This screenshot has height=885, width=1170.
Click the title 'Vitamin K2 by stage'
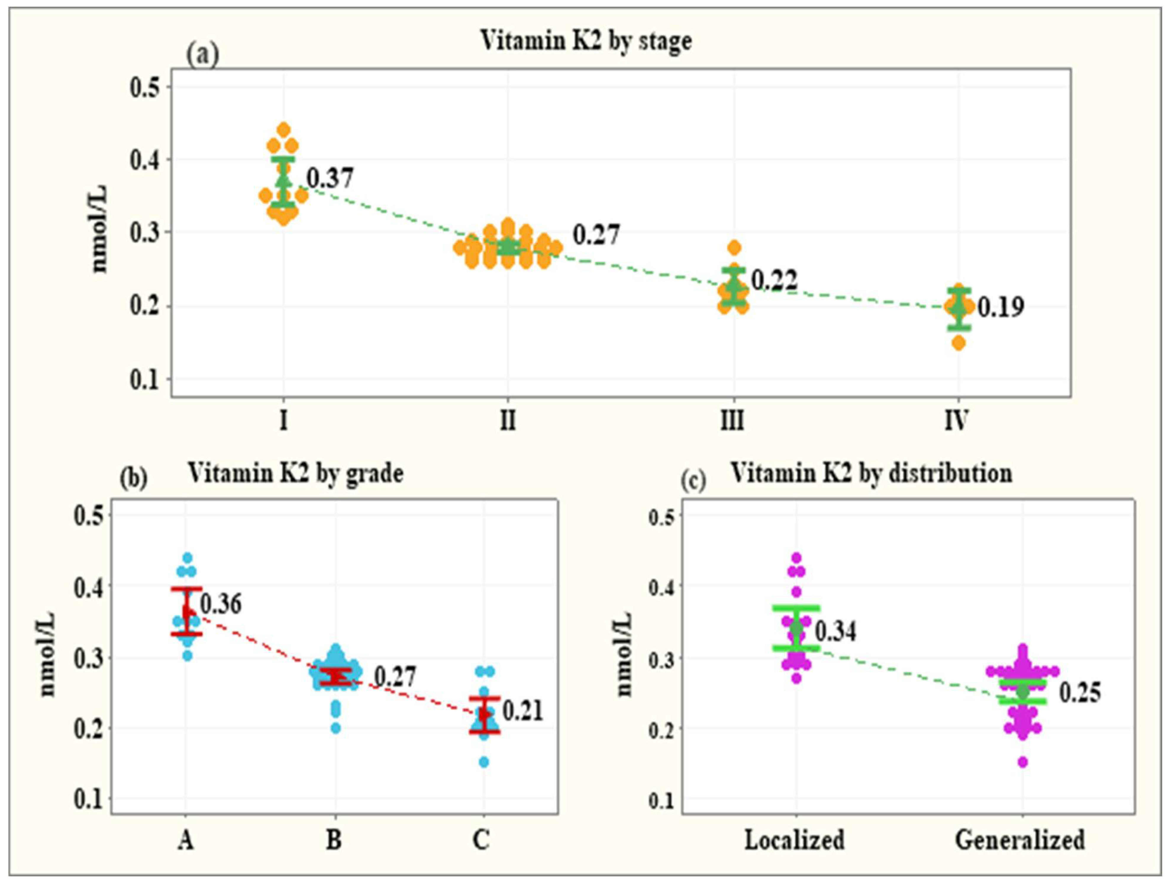pos(586,41)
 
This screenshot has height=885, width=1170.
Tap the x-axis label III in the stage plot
pos(732,421)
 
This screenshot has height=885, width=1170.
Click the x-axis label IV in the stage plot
pos(956,421)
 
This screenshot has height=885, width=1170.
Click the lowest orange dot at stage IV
pos(959,343)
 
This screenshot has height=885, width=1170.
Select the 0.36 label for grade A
pos(221,604)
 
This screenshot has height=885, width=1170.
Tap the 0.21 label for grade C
pos(523,711)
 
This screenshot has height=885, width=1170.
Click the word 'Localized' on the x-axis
pos(795,840)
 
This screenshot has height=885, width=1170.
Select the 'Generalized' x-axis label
pos(1020,840)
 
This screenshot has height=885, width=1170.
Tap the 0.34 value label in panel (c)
pos(835,631)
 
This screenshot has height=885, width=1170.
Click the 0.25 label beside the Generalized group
pos(1079,693)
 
